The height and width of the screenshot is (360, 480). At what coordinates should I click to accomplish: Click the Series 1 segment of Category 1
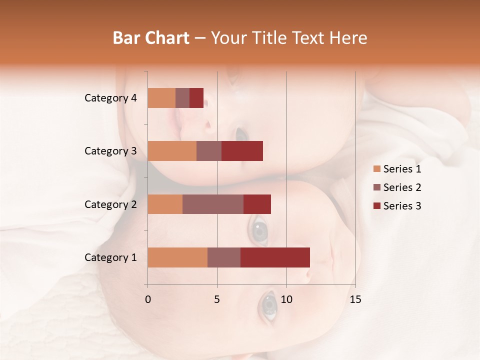click(x=177, y=257)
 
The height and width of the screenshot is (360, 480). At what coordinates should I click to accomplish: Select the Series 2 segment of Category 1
click(x=224, y=257)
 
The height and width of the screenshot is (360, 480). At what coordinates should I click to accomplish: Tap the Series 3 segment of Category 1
click(x=275, y=257)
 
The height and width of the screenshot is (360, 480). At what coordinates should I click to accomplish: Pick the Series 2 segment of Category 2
click(x=213, y=204)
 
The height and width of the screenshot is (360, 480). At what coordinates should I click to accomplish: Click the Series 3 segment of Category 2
click(x=257, y=204)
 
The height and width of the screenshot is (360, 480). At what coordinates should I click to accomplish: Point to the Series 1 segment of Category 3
click(x=172, y=151)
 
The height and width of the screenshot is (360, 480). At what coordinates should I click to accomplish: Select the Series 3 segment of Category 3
click(x=242, y=151)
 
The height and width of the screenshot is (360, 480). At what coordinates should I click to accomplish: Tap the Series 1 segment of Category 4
click(x=161, y=98)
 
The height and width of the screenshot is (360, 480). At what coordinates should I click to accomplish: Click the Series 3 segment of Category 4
click(x=196, y=98)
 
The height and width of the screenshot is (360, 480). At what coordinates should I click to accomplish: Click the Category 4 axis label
click(x=110, y=98)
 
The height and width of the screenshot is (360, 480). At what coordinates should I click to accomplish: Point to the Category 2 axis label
click(x=110, y=204)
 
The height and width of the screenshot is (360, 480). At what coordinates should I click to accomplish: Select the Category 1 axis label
click(x=110, y=257)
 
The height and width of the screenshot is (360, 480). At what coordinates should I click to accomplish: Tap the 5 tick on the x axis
click(x=217, y=299)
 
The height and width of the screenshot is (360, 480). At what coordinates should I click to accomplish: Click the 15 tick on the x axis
click(x=355, y=299)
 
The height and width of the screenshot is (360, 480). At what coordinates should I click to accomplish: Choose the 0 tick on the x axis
click(x=148, y=299)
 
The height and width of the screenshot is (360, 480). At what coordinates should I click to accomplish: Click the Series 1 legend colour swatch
click(x=376, y=169)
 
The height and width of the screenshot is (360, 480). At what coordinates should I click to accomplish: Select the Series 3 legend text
click(x=402, y=206)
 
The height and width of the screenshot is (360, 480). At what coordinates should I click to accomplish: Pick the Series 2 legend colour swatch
click(x=376, y=187)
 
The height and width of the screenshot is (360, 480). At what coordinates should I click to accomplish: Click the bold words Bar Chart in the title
click(x=151, y=38)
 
